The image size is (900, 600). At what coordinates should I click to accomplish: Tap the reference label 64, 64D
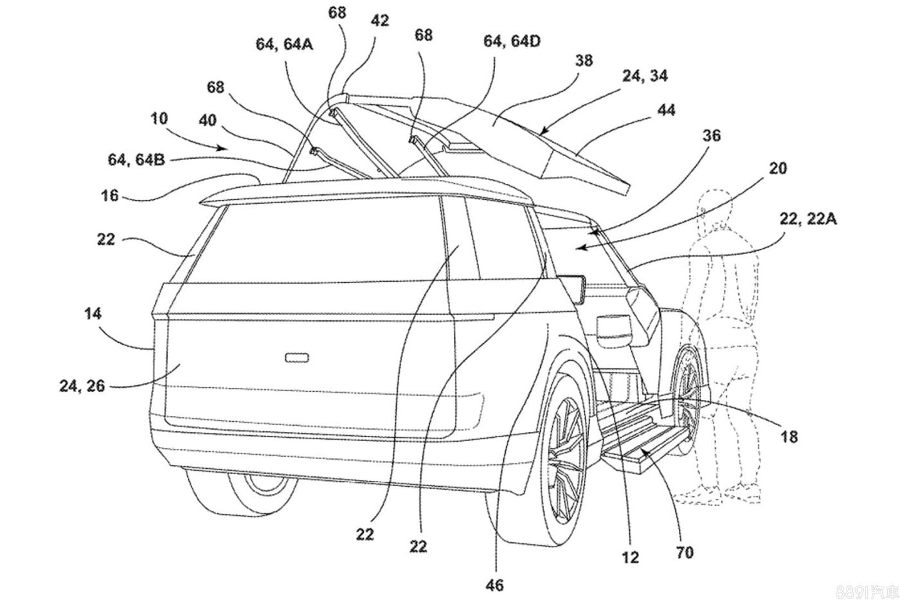pos(512,41)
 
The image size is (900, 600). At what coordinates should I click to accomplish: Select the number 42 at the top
pos(380,21)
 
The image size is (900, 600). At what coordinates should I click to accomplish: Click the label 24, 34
pos(645,77)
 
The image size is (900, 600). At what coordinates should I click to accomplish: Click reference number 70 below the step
pos(685,552)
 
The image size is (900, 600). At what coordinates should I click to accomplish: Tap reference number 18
pos(789,437)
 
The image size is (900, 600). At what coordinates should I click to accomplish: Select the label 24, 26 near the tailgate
pos(82,386)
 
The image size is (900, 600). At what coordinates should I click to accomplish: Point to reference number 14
pos(92,314)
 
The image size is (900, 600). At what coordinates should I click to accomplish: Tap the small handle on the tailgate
pos(298,356)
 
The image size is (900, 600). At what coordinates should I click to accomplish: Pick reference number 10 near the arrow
pos(159,119)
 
